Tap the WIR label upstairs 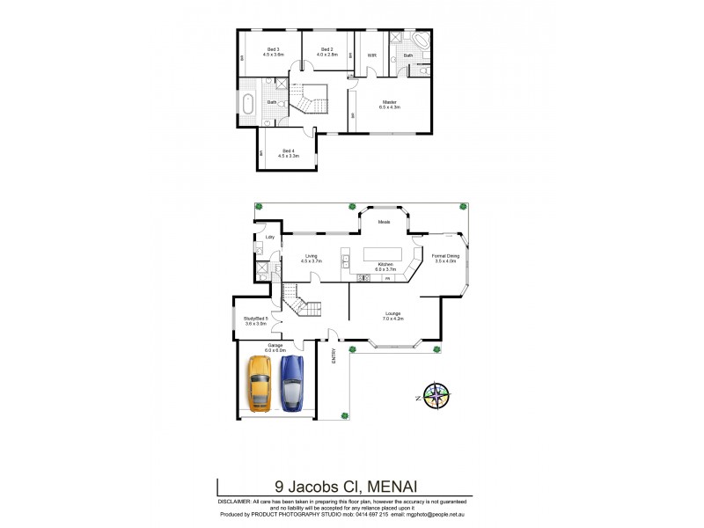pos(372,55)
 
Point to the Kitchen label pos(385,265)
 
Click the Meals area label pos(385,222)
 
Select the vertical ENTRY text pos(334,356)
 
